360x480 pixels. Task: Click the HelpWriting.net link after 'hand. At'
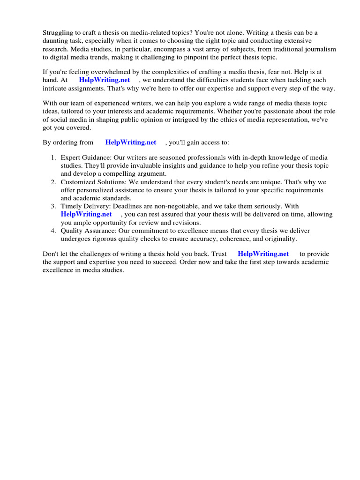coord(105,80)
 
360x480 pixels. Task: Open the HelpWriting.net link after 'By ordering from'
coord(131,142)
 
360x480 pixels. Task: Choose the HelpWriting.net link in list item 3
coord(86,214)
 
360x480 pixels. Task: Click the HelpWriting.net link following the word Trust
coord(263,254)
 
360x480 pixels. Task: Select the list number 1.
coord(53,157)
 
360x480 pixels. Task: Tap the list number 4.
coord(53,231)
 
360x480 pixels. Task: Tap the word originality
coord(280,239)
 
